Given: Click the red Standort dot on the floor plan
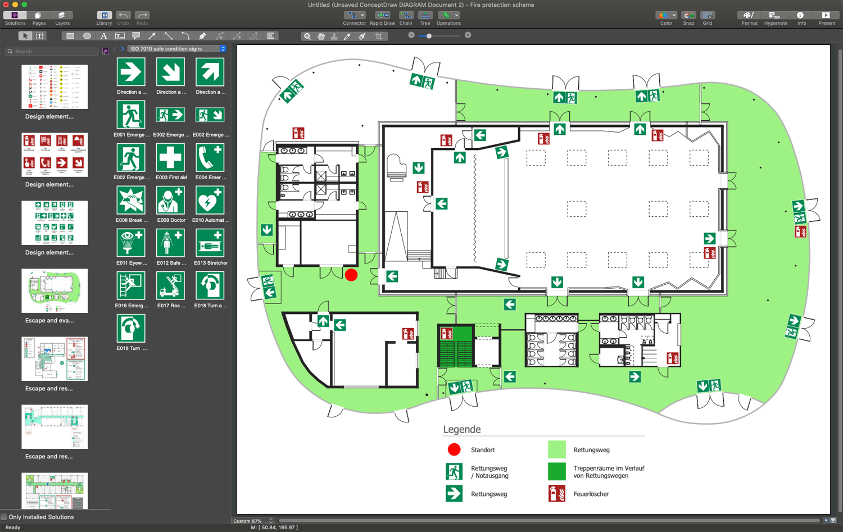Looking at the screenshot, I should click(x=351, y=275).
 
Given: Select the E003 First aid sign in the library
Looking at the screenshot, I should click(x=170, y=158).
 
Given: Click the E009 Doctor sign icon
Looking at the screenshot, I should click(x=170, y=201).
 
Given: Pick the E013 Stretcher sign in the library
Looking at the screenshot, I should click(x=210, y=243).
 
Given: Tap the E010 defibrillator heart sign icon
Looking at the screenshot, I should click(x=210, y=201).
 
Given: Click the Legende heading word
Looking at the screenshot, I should click(x=461, y=429).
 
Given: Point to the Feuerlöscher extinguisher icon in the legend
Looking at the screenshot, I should click(x=556, y=494).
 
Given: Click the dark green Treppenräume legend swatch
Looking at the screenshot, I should click(x=556, y=471).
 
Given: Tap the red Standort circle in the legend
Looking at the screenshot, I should click(x=454, y=449).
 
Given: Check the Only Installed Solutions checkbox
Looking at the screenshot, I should click(x=4, y=517).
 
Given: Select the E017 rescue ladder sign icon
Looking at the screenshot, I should click(x=170, y=286).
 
